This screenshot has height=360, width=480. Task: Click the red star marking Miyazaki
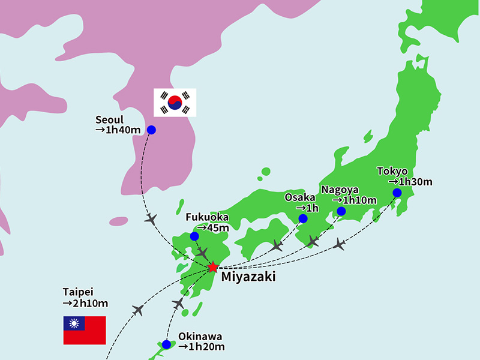pos(212,267)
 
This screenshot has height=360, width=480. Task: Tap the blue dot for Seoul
pos(151,130)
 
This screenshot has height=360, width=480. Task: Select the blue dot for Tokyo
pos(397,193)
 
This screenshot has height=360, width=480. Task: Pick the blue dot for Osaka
pos(303,218)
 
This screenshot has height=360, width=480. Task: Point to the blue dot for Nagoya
pos(341,211)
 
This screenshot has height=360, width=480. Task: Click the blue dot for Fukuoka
pos(194,236)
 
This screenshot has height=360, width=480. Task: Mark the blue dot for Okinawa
pos(166,344)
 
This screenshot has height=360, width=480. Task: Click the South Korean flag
pos(175,103)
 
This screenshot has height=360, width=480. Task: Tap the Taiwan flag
pos(85,330)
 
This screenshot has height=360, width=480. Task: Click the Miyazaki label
pos(248,277)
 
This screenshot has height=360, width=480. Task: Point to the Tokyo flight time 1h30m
pos(410,181)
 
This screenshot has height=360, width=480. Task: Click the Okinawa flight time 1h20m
pos(201,346)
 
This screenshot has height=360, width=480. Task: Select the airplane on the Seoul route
pos(151,218)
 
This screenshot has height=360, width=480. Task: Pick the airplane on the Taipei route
pos(139,310)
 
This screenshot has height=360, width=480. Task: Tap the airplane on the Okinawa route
pos(178,303)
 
